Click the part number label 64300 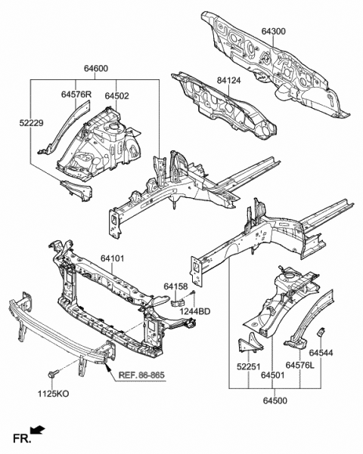click(274, 31)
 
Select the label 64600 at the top click(95, 69)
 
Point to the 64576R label click(76, 94)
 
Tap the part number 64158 click(175, 286)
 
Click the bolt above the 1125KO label click(56, 374)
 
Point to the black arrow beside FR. click(38, 431)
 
